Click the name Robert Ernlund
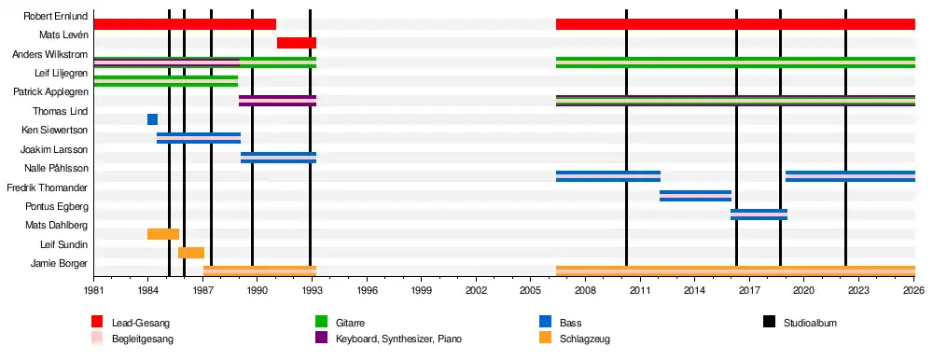(x=56, y=16)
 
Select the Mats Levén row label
(x=63, y=35)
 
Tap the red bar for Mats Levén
(x=297, y=43)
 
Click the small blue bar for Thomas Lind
(x=152, y=119)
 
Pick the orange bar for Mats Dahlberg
(x=163, y=234)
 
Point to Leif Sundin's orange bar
(x=191, y=253)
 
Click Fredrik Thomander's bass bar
(x=696, y=196)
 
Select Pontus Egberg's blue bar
(x=759, y=215)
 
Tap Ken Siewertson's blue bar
(x=199, y=138)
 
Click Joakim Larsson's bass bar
(x=278, y=158)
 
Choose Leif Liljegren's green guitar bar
(x=166, y=81)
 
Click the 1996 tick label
(x=368, y=291)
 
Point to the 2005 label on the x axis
(x=530, y=291)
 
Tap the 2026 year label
(x=913, y=291)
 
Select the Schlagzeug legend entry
(x=585, y=339)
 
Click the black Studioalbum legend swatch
(x=770, y=323)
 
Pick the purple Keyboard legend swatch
(x=321, y=339)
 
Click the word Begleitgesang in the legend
(x=142, y=339)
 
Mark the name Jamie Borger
(x=60, y=264)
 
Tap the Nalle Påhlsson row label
(x=57, y=169)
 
